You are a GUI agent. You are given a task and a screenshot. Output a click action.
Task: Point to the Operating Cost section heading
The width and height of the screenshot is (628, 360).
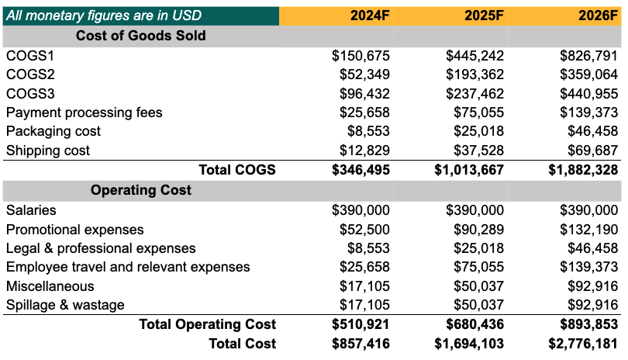141,190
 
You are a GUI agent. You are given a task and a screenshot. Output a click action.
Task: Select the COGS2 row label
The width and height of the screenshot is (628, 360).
30,74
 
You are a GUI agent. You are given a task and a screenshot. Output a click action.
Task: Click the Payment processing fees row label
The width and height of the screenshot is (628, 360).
84,112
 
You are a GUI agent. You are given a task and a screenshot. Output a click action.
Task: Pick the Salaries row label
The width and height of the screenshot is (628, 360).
31,210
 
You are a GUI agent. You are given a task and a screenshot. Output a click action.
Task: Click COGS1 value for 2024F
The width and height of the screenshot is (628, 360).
361,56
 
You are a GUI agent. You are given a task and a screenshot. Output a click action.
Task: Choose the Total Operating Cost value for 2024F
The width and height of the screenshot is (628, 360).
361,324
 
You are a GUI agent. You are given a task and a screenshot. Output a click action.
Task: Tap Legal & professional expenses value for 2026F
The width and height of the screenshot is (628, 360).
593,248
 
